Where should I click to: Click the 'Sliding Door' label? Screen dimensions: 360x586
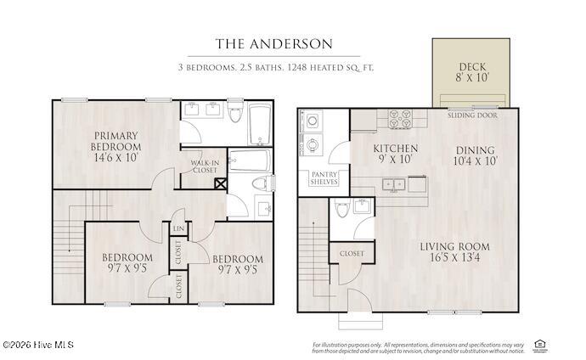[x=473, y=114]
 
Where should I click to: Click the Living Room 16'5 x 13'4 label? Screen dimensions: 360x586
[x=455, y=252]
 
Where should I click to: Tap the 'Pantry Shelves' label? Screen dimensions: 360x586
[x=324, y=177]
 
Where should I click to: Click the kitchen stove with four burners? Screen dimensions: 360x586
[x=400, y=119]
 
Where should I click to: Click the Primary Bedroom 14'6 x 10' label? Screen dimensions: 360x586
[x=116, y=146]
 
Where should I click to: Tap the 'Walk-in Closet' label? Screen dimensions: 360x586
[x=204, y=166]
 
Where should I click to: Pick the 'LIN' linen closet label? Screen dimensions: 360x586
[x=179, y=228]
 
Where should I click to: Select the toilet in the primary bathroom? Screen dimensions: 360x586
[x=262, y=183]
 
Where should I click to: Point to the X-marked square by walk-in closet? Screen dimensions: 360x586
[x=220, y=182]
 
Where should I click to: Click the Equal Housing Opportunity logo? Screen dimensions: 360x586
[x=538, y=344]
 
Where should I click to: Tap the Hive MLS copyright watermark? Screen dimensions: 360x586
[x=37, y=345]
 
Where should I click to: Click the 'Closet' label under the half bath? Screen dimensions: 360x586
[x=352, y=254]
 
